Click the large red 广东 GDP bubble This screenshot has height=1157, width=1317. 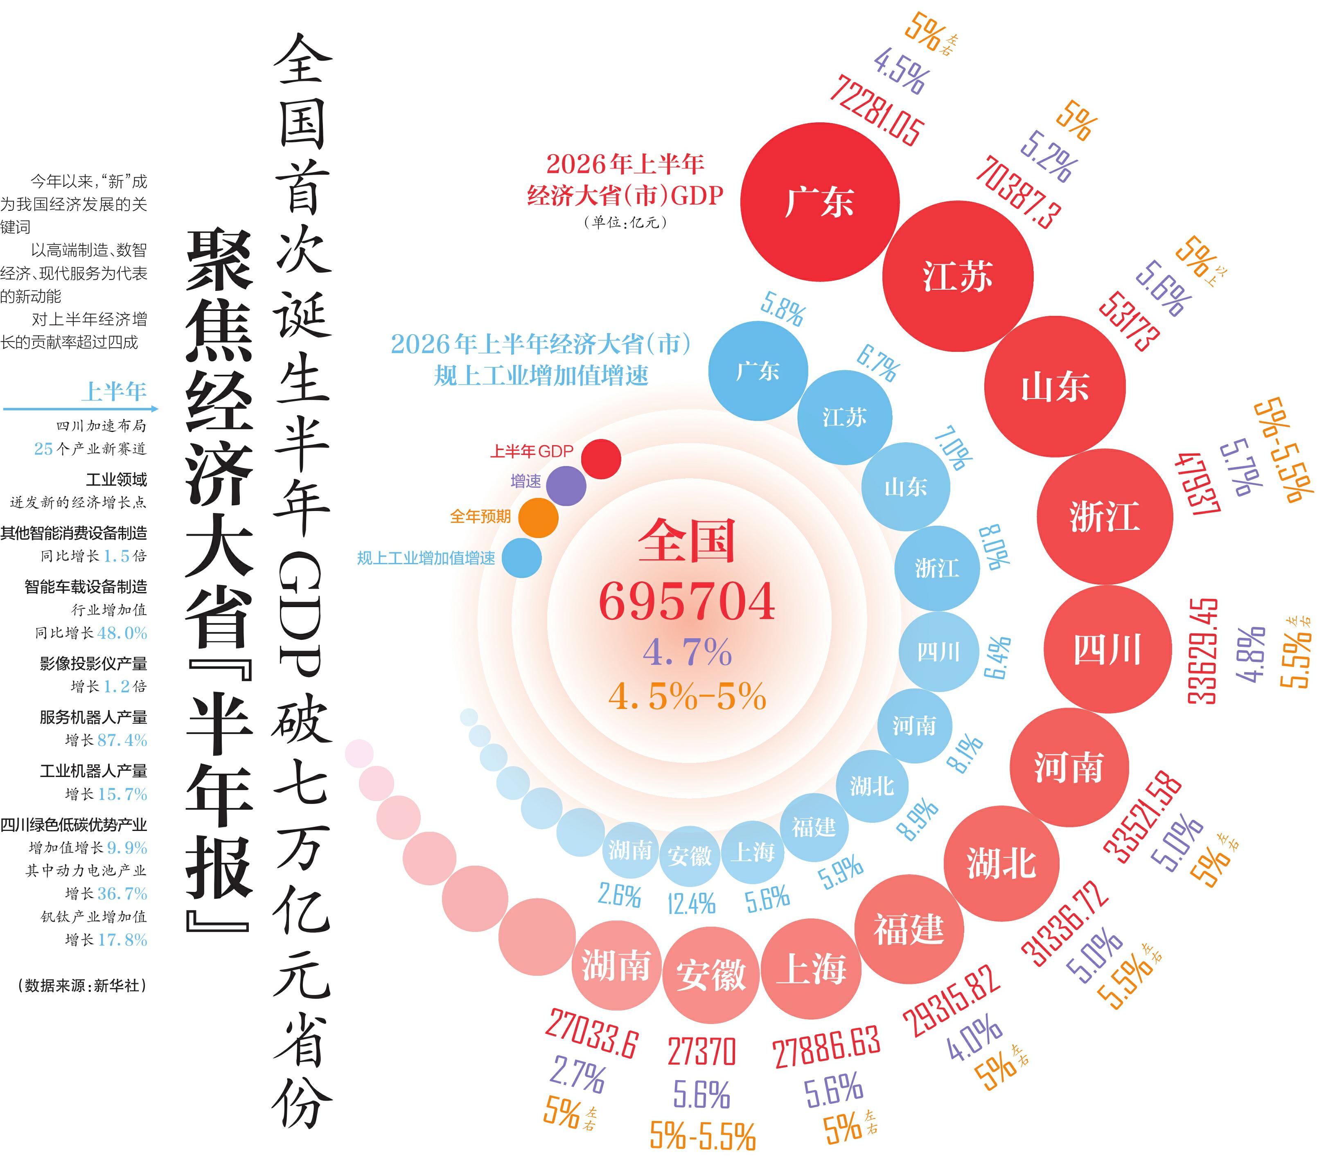click(x=820, y=202)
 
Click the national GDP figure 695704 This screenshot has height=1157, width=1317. click(x=687, y=601)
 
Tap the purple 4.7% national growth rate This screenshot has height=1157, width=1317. click(x=687, y=652)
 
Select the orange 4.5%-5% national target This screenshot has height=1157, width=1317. click(x=687, y=696)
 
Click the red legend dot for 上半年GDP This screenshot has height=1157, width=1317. click(x=601, y=459)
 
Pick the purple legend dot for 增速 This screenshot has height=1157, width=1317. click(x=566, y=486)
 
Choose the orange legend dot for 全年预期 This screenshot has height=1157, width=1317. click(x=538, y=517)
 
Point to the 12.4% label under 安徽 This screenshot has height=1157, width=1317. click(x=691, y=904)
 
